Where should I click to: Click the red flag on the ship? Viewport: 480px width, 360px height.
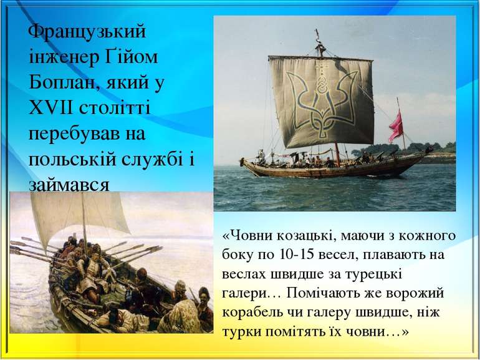[x=396, y=127]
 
